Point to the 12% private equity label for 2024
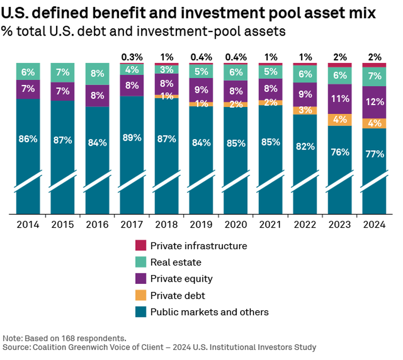pyautogui.click(x=375, y=102)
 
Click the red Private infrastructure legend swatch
pyautogui.click(x=141, y=246)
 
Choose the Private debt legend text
pyautogui.click(x=177, y=295)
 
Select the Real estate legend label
pyautogui.click(x=175, y=262)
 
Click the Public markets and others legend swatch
pyautogui.click(x=141, y=312)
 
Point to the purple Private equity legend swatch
pyautogui.click(x=141, y=279)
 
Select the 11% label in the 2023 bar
pyautogui.click(x=340, y=98)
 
